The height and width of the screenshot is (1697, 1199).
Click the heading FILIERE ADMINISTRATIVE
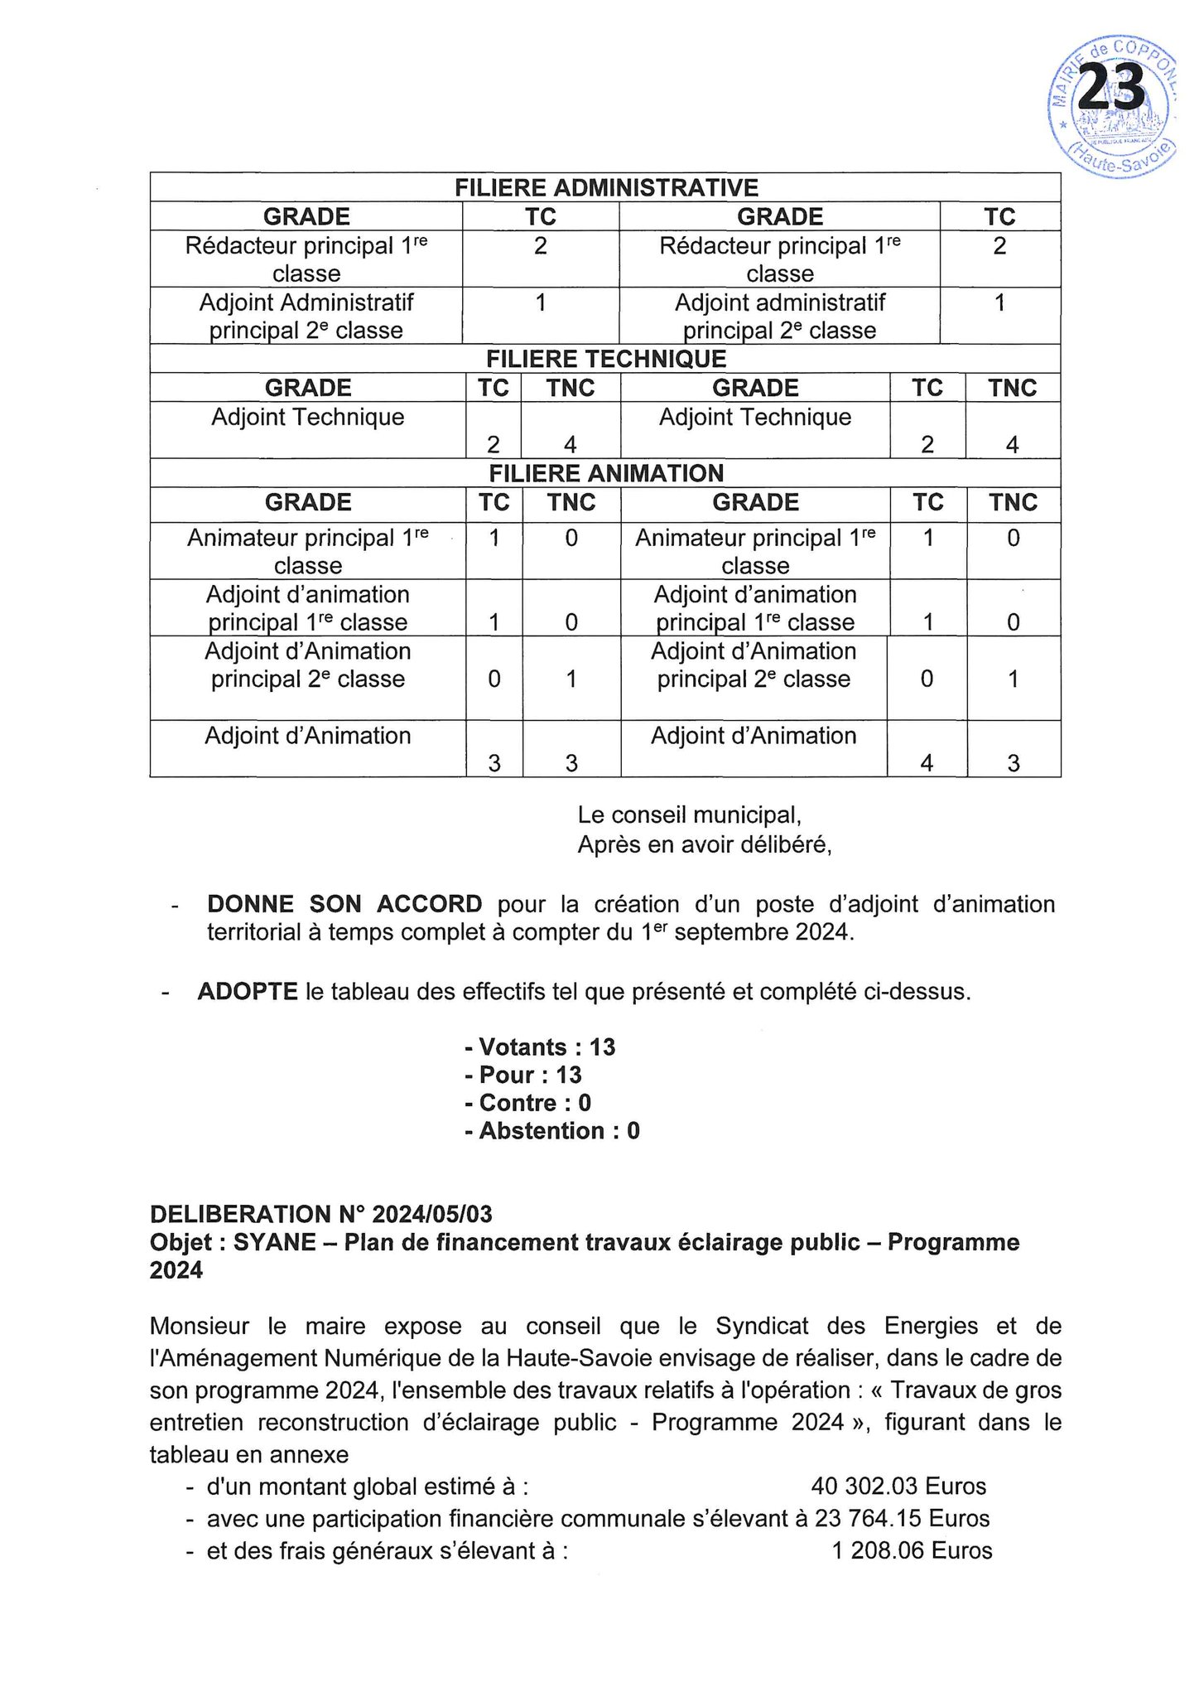pos(606,187)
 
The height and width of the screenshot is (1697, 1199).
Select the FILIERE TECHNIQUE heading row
pos(606,359)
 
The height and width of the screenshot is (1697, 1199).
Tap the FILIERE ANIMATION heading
pos(606,473)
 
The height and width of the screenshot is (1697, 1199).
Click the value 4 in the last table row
pos(927,763)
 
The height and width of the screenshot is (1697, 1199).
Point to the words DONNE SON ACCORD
pos(344,903)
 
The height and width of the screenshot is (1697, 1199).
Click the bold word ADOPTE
pos(248,991)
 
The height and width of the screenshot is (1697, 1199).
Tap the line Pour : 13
pos(523,1076)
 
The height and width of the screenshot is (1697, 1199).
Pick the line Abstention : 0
pos(552,1131)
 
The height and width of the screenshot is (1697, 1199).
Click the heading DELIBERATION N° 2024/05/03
pos(320,1215)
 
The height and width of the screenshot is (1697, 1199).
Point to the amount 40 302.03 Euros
pos(898,1487)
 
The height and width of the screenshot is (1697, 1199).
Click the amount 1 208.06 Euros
pos(912,1551)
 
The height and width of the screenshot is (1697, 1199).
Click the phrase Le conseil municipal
pos(689,815)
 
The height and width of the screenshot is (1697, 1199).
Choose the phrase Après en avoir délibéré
pos(704,845)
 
